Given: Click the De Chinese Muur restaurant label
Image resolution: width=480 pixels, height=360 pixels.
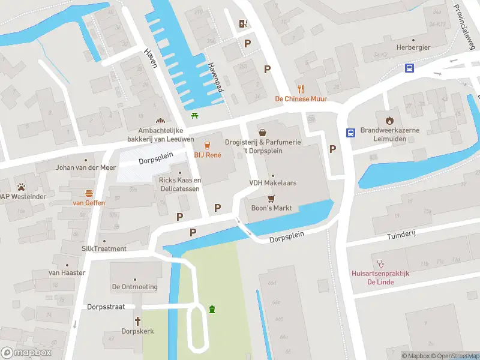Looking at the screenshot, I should point(301,99).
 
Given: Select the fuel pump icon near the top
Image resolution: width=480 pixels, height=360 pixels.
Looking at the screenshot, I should point(243,23).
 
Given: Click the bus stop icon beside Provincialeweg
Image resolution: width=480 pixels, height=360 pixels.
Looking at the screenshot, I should point(409,68).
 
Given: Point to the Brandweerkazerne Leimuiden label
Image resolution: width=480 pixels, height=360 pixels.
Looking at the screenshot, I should point(390,134).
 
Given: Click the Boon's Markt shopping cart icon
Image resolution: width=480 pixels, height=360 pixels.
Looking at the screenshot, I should point(271,198).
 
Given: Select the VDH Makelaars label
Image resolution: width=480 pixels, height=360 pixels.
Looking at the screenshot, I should point(273,183).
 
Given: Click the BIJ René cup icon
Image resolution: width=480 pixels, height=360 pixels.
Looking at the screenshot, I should point(208,145).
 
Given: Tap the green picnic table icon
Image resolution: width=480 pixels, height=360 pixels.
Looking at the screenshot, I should point(194,115).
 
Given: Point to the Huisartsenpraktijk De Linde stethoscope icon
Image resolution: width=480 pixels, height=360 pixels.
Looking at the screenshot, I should point(380,263).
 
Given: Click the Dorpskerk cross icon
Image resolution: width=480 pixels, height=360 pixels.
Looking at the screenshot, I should point(138,321).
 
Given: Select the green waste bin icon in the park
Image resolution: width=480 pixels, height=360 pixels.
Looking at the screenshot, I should point(212,309).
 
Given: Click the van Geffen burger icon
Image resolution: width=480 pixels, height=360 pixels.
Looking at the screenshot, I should point(89,193).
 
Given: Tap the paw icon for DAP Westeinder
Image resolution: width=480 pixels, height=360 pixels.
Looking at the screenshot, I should point(22,187).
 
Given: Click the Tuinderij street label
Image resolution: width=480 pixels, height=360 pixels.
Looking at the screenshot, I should point(401,233).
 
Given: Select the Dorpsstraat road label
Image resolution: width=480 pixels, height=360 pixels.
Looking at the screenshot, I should point(105,307).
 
